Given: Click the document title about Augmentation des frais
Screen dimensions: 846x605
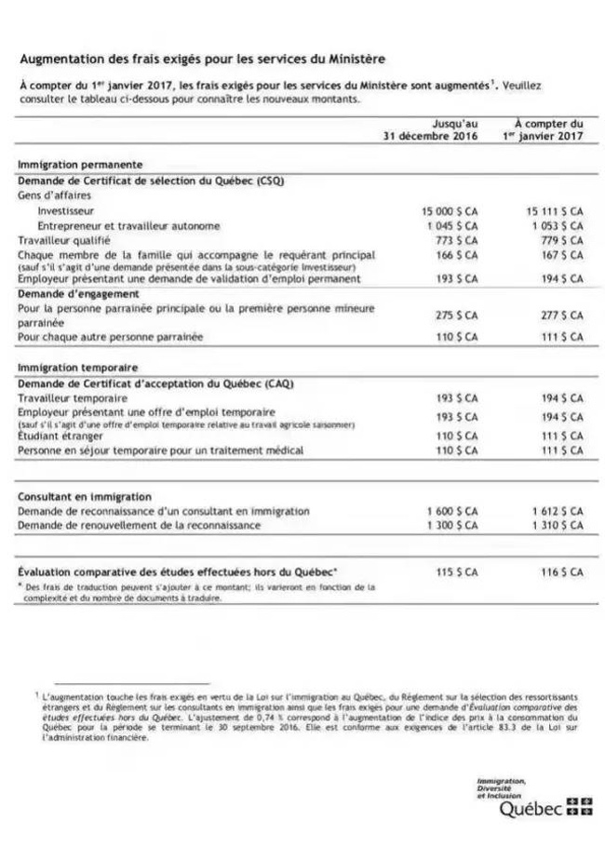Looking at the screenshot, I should point(202,59).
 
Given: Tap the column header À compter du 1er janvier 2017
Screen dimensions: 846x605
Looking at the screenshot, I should point(548,130).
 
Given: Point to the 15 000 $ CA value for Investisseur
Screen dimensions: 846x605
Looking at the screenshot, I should point(450,211).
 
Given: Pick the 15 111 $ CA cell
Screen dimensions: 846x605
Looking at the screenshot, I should point(555,211).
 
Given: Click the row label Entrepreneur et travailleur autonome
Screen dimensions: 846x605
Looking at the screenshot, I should point(128,225).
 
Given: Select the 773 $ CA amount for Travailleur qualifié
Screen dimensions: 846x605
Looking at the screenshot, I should point(459,239).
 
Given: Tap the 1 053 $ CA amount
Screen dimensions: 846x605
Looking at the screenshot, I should point(558,225).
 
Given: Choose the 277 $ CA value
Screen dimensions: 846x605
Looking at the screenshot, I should point(562,315).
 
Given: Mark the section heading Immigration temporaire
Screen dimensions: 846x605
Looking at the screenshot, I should point(77,368).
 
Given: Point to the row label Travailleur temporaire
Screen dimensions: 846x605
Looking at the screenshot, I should point(72,397).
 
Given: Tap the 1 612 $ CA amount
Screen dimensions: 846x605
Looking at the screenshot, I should point(558,511).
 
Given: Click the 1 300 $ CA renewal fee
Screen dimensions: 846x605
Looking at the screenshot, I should point(452,525).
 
